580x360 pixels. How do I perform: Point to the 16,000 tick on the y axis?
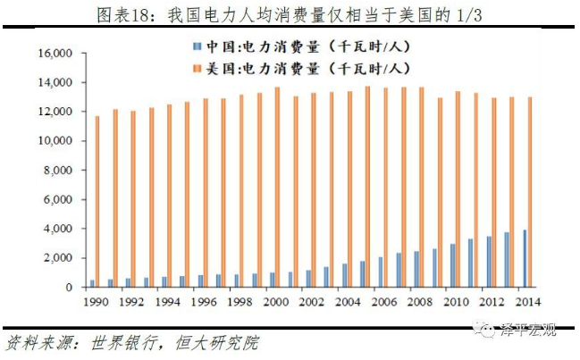click(54, 54)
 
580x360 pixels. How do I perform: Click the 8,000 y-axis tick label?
click(56, 171)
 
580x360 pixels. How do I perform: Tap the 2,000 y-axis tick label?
click(56, 258)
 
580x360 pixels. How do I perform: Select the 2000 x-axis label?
click(276, 303)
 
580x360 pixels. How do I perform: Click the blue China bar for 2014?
click(525, 258)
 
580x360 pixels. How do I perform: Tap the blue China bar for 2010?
click(453, 265)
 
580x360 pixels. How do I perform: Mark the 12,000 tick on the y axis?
click(54, 112)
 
